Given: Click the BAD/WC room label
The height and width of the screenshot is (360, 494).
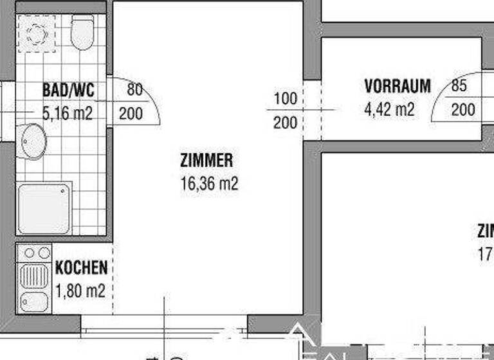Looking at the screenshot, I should [x=68, y=90].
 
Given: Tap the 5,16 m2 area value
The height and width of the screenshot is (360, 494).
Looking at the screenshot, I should [x=68, y=114].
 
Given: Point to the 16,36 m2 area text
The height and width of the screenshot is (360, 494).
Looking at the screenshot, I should [x=209, y=184].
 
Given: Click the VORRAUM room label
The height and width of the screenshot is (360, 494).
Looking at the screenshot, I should [x=397, y=86].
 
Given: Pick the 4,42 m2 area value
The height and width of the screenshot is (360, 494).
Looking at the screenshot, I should [x=389, y=109].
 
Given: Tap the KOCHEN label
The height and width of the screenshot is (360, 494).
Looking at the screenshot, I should [x=81, y=268].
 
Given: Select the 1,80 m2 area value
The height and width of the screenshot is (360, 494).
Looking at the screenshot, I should [x=80, y=291].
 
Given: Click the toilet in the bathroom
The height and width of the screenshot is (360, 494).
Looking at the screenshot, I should [x=82, y=33].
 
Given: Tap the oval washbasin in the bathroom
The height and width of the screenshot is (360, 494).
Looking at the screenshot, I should [x=32, y=141].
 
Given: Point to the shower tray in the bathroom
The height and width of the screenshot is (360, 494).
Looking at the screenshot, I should [x=44, y=208].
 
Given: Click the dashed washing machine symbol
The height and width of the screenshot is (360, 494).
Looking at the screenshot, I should [x=36, y=33].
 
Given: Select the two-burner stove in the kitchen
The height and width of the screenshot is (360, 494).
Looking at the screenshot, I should [x=34, y=253].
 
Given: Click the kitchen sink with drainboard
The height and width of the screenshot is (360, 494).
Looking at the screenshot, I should [x=34, y=288].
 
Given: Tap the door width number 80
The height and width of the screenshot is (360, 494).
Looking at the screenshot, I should [x=134, y=90].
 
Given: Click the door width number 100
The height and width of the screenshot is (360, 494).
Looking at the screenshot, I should [x=285, y=98].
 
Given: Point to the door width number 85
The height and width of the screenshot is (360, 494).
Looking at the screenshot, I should [x=459, y=85].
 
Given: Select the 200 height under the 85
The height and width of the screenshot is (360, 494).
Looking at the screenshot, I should [x=462, y=110].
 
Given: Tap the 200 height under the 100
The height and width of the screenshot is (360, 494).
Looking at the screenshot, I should [x=285, y=122].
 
